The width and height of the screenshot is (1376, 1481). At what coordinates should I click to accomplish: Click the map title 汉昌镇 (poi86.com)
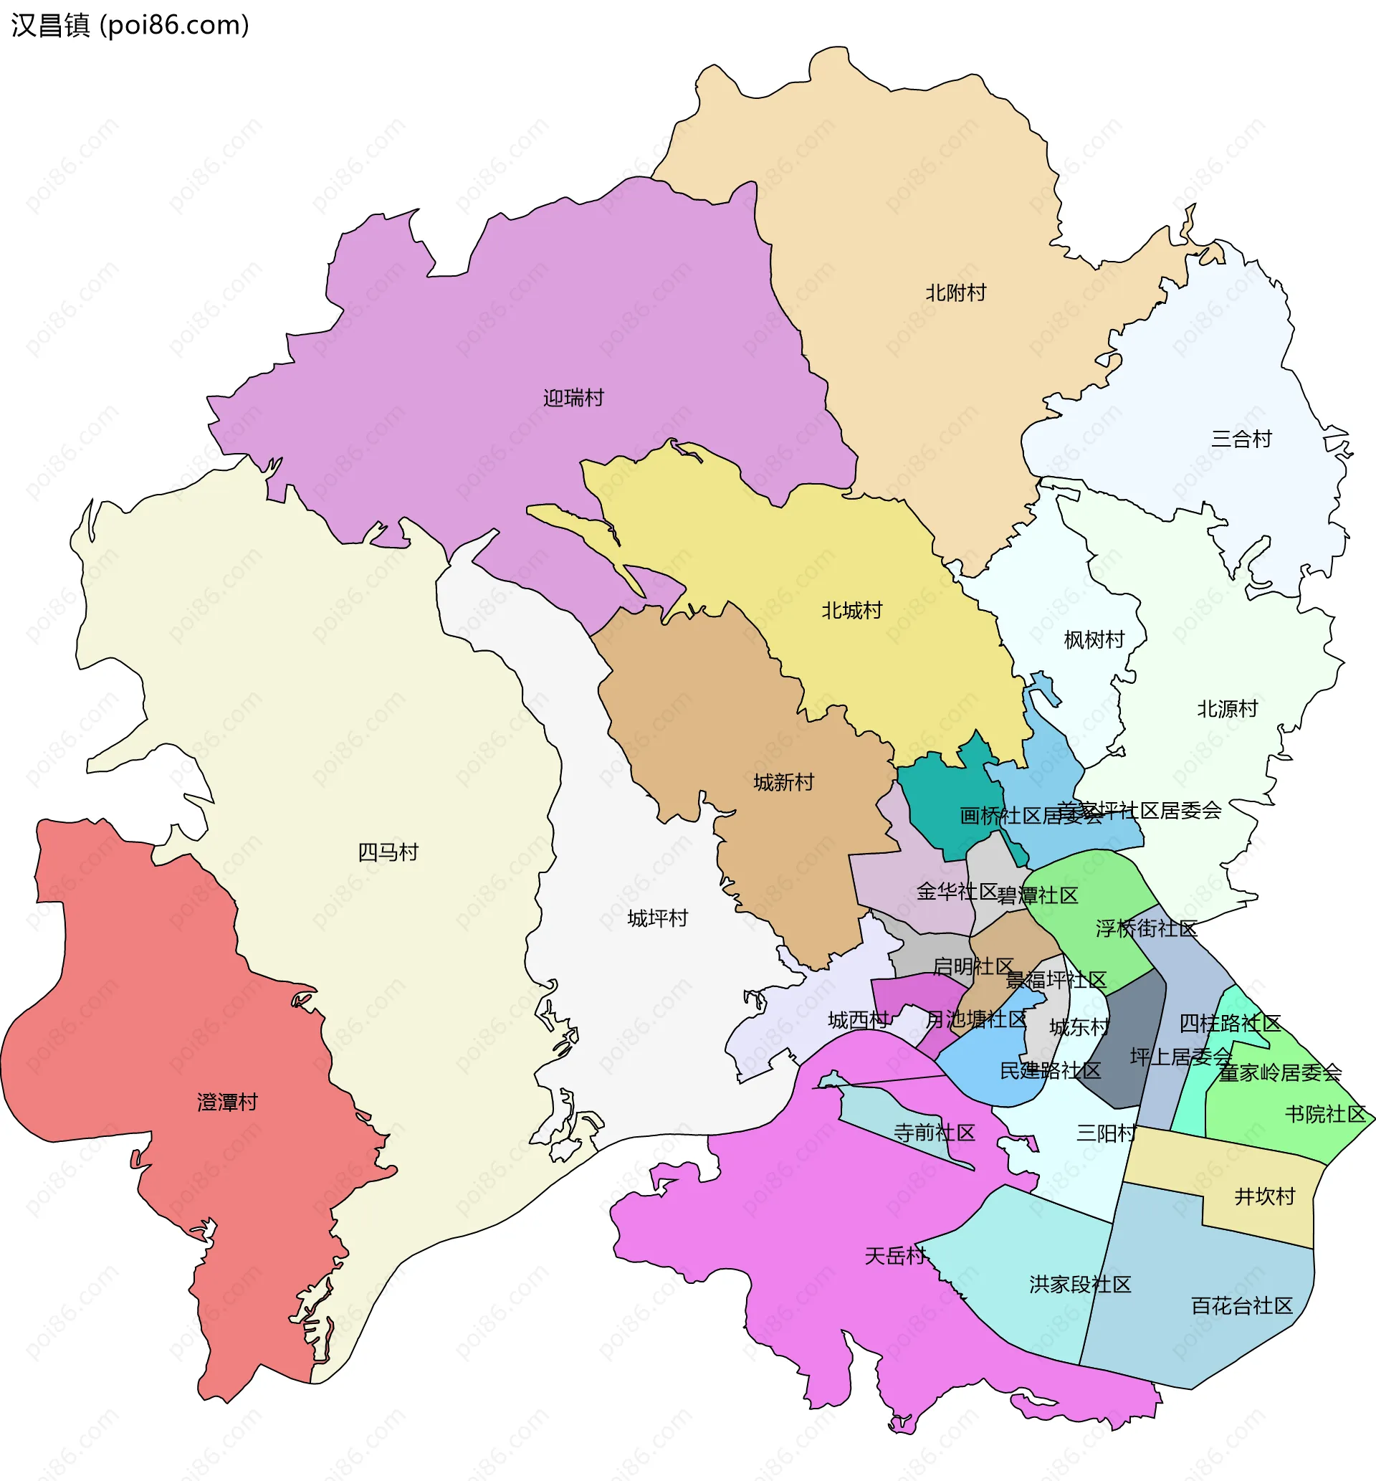click(130, 25)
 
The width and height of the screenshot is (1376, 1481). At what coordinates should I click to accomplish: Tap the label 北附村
click(955, 292)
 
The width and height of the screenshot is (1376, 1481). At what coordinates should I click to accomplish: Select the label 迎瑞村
click(573, 399)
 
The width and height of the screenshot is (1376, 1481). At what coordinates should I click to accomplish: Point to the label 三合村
click(1241, 439)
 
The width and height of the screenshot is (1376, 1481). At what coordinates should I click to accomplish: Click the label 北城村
click(852, 611)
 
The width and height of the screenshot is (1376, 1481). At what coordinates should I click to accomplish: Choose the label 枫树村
click(1094, 639)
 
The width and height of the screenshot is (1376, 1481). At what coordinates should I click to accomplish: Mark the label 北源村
click(1227, 709)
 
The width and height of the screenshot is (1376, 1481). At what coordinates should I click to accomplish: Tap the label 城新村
click(783, 783)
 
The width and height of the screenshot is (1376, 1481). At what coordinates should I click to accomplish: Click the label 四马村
click(388, 852)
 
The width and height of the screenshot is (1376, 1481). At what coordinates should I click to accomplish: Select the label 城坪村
click(657, 919)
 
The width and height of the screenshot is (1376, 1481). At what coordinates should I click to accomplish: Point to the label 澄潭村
click(227, 1103)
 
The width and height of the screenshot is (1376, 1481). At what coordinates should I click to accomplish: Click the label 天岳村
click(894, 1257)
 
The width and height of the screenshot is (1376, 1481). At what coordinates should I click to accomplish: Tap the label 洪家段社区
click(1081, 1285)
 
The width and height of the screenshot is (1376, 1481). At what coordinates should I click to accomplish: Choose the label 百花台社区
click(1242, 1306)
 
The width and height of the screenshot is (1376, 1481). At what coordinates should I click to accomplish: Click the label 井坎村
click(1264, 1196)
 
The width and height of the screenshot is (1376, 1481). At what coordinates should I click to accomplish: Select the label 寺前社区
click(935, 1133)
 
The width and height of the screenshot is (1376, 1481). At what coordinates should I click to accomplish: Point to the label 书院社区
click(1324, 1115)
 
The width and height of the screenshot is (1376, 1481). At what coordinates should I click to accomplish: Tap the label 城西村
click(858, 1020)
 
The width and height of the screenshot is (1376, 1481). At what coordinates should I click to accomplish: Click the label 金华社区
click(957, 891)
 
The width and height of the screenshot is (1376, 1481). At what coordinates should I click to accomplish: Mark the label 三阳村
click(1107, 1133)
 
